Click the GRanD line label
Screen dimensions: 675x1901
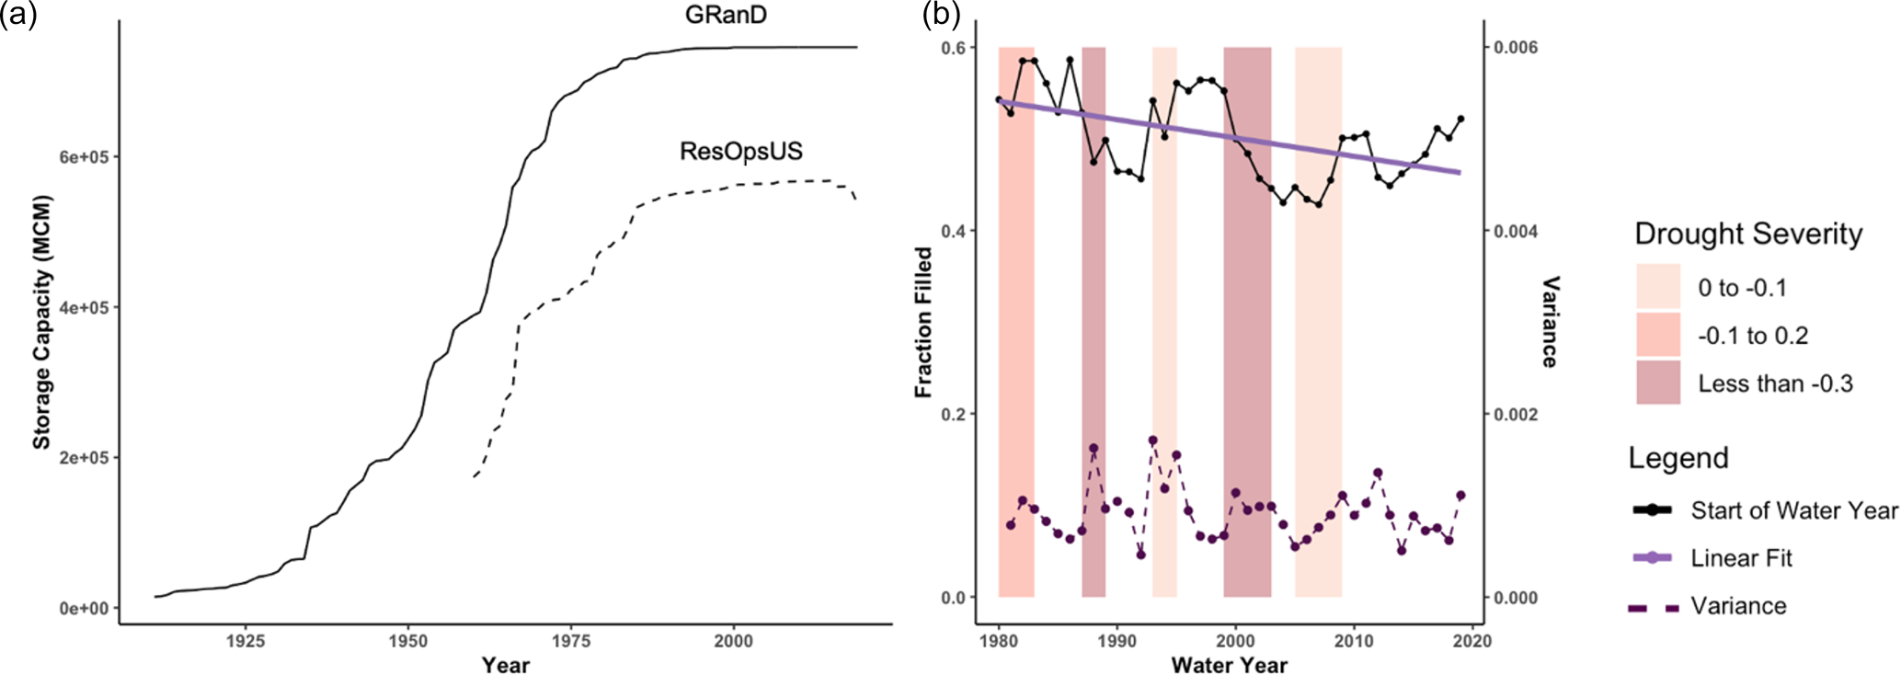[726, 15]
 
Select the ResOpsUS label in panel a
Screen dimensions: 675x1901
[741, 151]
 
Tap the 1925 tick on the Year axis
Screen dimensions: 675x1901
[245, 641]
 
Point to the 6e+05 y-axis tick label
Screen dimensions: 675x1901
[83, 157]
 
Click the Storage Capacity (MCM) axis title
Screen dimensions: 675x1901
[41, 322]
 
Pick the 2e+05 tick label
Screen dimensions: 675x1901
[83, 458]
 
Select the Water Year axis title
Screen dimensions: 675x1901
[1229, 664]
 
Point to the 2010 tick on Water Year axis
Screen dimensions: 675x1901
[1354, 641]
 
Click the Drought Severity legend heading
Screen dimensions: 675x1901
[1748, 234]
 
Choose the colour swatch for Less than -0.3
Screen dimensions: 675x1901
[1658, 383]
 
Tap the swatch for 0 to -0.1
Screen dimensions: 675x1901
[1658, 287]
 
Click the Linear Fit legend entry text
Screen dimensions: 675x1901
[1741, 558]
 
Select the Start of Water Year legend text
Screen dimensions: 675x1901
[1793, 510]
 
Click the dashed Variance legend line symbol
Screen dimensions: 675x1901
[1653, 607]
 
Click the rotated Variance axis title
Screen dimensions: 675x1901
[1550, 322]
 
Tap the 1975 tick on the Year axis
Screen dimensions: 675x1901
[571, 641]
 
